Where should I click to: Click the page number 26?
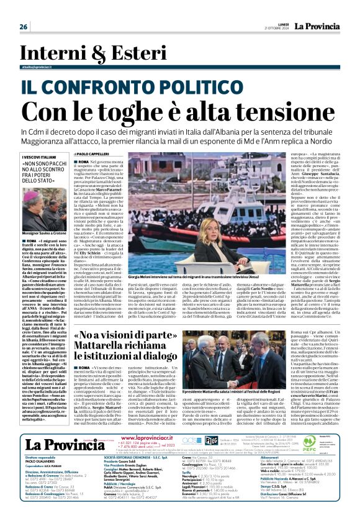point(23,27)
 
